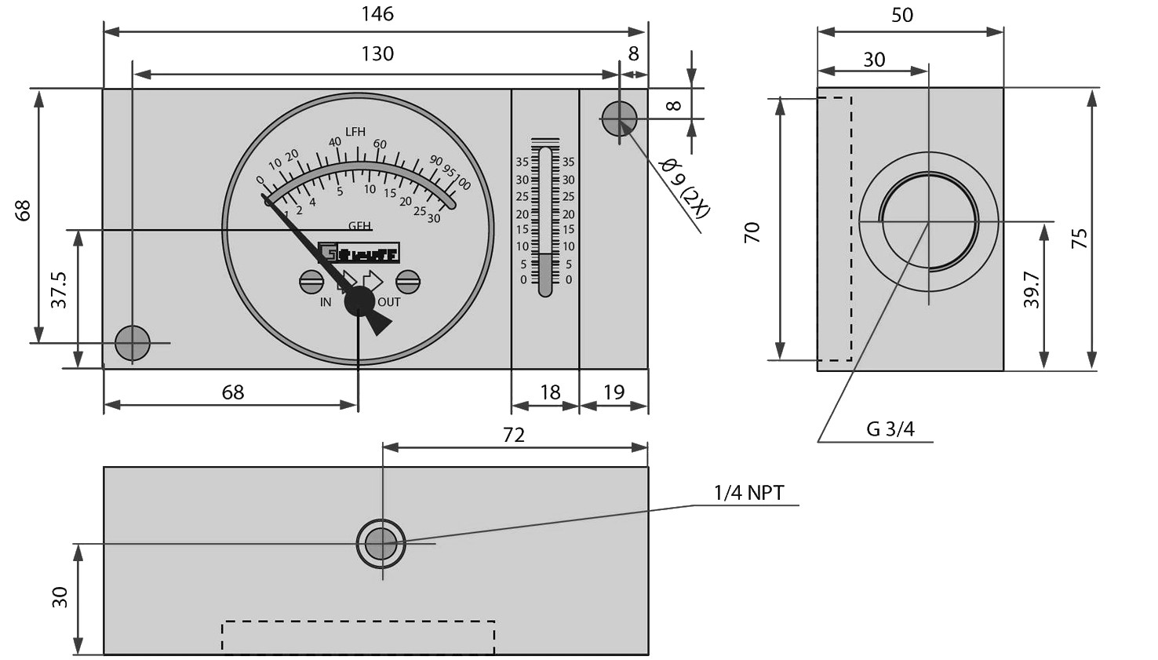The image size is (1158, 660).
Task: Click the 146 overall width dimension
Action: pos(377,14)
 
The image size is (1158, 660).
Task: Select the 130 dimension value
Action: pos(377,54)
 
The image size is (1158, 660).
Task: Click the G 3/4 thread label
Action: pos(890,428)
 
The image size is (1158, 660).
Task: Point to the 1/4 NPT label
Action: pos(748,493)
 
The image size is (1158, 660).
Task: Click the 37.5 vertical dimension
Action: pos(59,290)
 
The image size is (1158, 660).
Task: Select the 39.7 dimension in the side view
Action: pos(1032,290)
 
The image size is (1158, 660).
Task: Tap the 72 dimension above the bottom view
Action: pos(513,435)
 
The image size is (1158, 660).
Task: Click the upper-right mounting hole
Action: pos(619,119)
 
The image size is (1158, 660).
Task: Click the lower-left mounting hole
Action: pos(133,343)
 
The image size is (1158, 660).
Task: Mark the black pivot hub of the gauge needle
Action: pos(360,301)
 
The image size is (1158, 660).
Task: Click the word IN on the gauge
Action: pos(326,302)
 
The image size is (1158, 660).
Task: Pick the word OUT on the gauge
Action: pos(389,302)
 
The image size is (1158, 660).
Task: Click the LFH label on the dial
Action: pos(355,132)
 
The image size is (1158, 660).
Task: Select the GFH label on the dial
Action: pos(359,226)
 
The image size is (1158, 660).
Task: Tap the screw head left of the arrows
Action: pos(311,281)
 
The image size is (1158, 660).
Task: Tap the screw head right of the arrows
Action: pos(408,281)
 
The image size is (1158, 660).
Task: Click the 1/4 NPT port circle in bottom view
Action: pos(381,543)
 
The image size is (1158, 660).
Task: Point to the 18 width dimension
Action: pos(550,392)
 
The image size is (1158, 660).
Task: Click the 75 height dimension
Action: pos(1080,239)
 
